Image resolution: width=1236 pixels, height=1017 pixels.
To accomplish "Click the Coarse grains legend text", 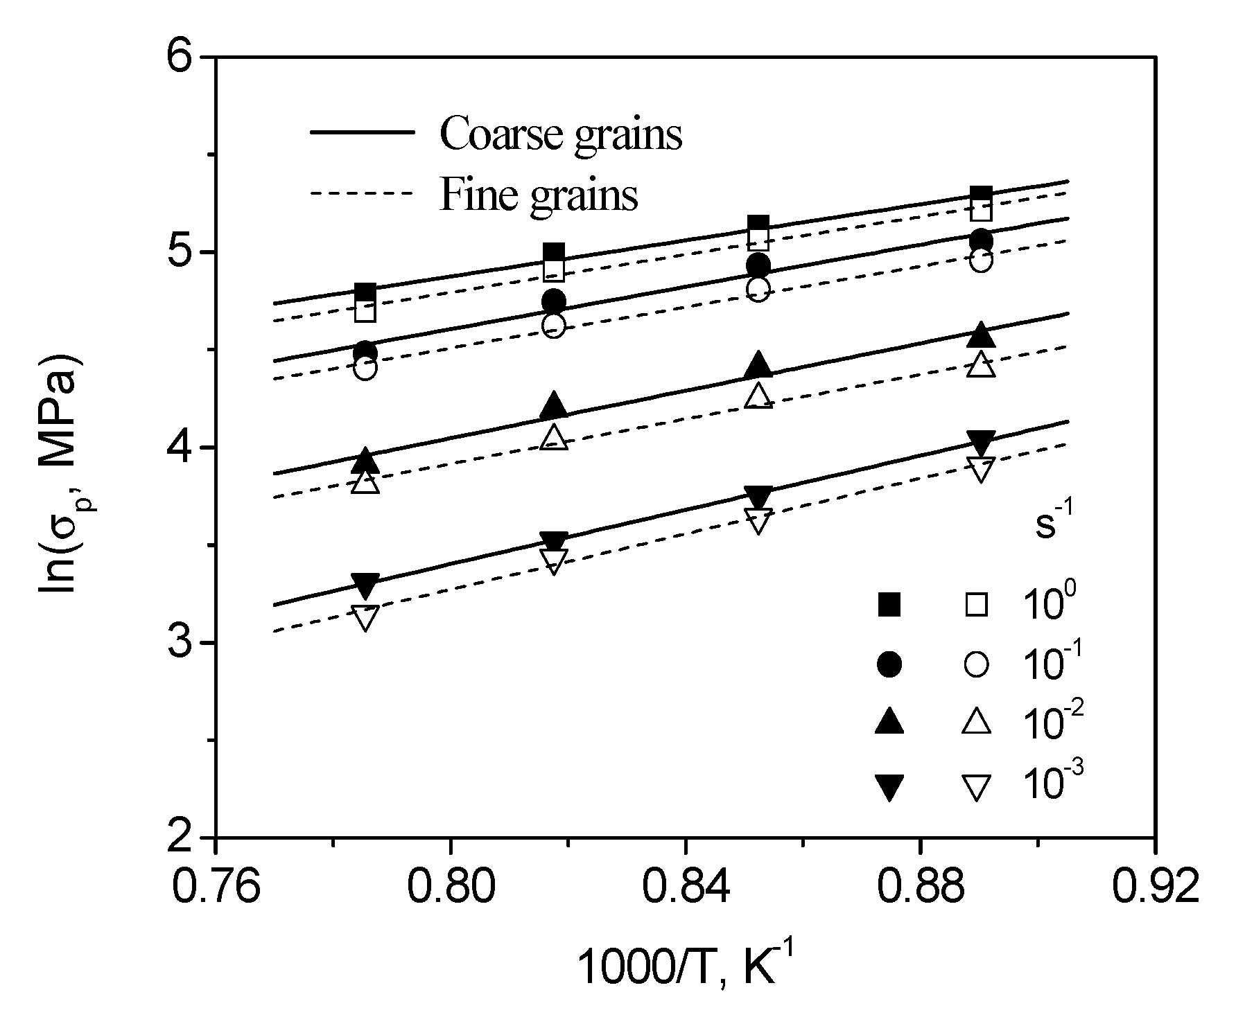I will click(x=560, y=134).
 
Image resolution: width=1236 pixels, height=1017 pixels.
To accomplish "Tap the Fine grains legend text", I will click(x=538, y=195).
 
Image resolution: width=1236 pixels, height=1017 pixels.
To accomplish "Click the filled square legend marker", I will click(x=889, y=605).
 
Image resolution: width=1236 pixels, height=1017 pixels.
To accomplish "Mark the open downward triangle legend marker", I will click(x=976, y=788).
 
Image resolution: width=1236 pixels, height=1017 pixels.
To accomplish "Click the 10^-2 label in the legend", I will click(x=1052, y=723).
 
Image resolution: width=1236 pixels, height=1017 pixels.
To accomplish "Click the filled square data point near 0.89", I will click(x=981, y=197).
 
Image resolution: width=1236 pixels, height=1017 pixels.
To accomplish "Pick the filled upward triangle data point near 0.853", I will click(x=758, y=364).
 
